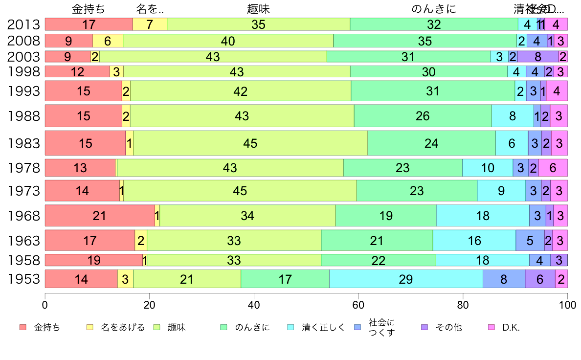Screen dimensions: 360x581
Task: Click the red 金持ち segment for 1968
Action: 100,215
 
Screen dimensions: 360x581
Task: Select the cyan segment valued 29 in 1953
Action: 406,279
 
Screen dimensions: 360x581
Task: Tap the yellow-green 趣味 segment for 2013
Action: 259,24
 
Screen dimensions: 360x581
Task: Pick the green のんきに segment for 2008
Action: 425,41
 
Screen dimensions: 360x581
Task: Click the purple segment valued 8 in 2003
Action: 538,56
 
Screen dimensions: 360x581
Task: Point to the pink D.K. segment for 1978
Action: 553,168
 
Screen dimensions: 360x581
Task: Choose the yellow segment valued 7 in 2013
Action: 150,24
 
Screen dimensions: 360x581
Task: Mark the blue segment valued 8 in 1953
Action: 504,279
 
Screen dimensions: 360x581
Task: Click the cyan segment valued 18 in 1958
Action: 482,260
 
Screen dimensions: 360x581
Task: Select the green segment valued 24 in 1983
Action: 431,143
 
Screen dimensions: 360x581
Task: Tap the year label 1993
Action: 23,91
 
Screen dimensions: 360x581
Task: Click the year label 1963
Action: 23,240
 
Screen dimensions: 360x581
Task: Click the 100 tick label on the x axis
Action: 567,303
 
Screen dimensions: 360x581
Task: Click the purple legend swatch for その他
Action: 425,327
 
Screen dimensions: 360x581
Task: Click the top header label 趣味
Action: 259,9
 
